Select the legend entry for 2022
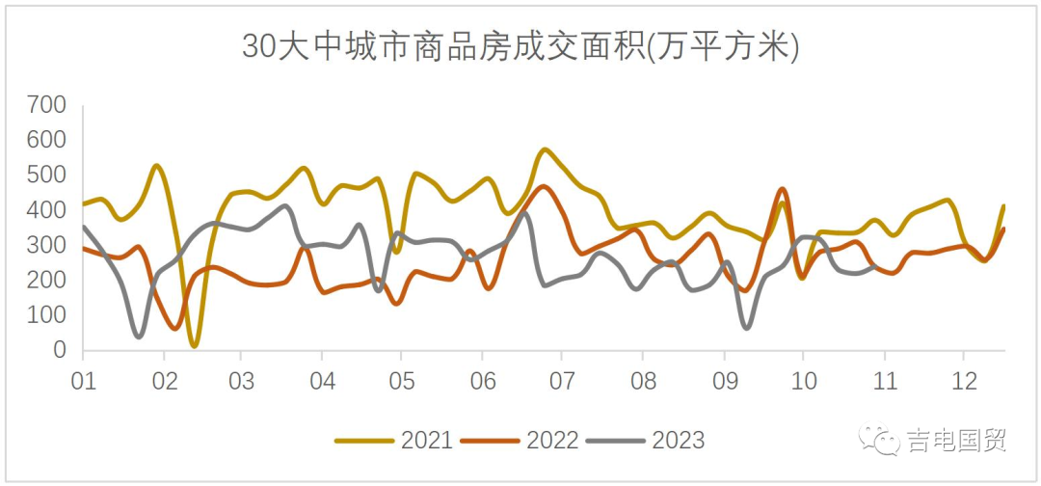pyautogui.click(x=520, y=441)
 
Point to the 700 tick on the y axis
pyautogui.click(x=46, y=104)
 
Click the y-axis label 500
pyautogui.click(x=46, y=175)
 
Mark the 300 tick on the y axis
pyautogui.click(x=46, y=245)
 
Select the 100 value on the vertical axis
pyautogui.click(x=46, y=315)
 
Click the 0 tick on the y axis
pyautogui.click(x=60, y=350)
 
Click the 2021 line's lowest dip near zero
pyautogui.click(x=195, y=344)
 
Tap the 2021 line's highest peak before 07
pyautogui.click(x=545, y=149)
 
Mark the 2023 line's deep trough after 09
pyautogui.click(x=746, y=328)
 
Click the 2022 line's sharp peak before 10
pyautogui.click(x=782, y=189)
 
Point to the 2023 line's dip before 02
pyautogui.click(x=139, y=337)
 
